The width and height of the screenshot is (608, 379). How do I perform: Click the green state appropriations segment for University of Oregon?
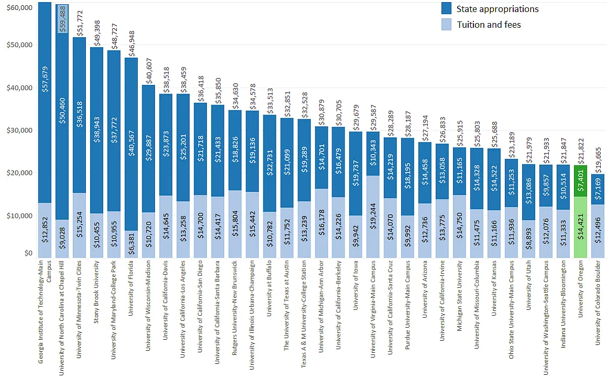(580, 188)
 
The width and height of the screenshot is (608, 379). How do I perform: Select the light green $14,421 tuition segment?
(580, 234)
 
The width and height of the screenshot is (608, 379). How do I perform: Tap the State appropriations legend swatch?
(447, 8)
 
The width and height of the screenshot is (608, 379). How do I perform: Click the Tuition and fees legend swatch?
(447, 24)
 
